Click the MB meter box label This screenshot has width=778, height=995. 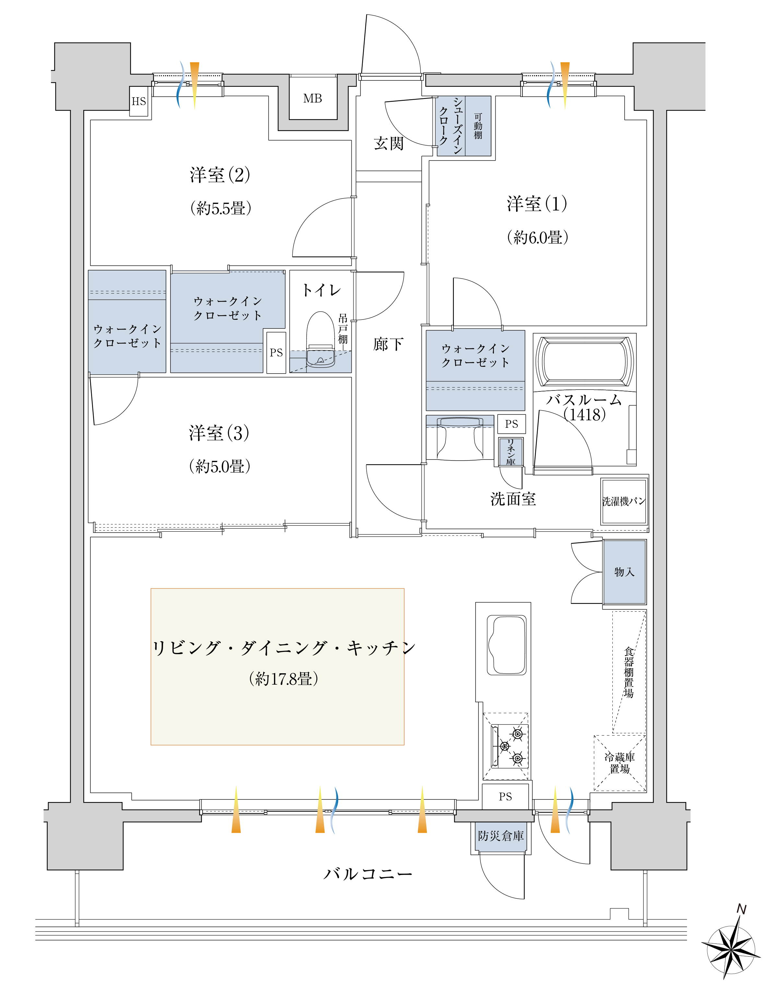click(x=312, y=98)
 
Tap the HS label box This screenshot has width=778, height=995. click(x=139, y=101)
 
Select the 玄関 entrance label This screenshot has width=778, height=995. click(x=389, y=143)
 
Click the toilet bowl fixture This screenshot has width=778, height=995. click(x=321, y=340)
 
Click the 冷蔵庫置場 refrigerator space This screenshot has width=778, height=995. click(x=619, y=763)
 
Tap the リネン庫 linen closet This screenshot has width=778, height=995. click(x=511, y=451)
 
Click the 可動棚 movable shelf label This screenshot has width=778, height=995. click(x=478, y=126)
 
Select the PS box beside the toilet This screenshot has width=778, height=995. click(x=276, y=353)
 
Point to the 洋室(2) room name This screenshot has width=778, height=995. click(x=220, y=175)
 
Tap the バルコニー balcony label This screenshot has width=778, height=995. click(x=368, y=873)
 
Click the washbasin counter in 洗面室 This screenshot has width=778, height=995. click(x=460, y=438)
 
